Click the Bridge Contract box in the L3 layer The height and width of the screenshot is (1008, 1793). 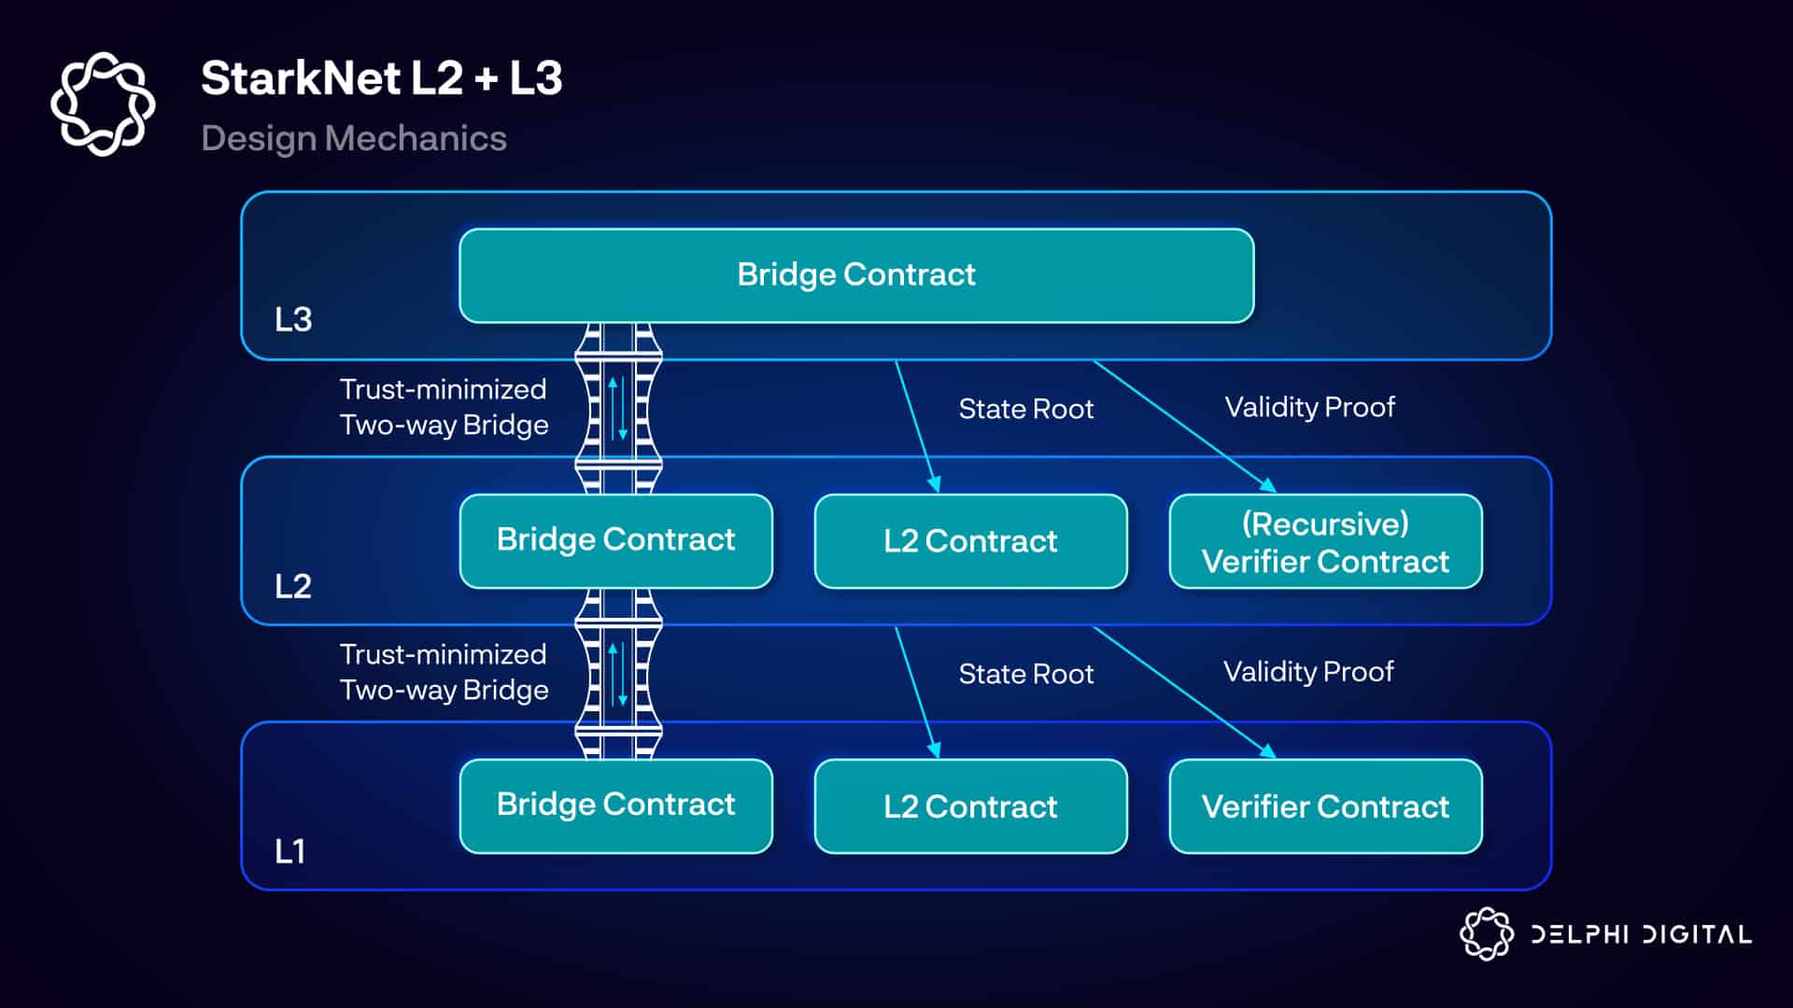[855, 275]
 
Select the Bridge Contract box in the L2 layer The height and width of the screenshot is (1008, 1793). [615, 540]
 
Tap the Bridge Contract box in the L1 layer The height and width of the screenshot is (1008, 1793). [615, 805]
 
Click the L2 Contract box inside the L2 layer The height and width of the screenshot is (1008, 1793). [970, 541]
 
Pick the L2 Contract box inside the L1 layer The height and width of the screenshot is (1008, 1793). [970, 806]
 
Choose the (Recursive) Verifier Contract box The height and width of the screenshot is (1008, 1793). [1325, 541]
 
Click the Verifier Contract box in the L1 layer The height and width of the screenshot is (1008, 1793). [1325, 806]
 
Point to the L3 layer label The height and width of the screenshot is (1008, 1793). [293, 320]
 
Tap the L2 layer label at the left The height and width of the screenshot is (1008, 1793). [293, 586]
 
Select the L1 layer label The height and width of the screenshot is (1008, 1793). [290, 851]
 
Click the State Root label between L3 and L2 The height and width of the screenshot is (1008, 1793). [1025, 409]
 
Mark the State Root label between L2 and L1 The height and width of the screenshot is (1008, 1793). [1025, 674]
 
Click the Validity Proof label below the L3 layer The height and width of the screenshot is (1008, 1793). [1309, 407]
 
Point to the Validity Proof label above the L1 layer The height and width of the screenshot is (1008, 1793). [1308, 672]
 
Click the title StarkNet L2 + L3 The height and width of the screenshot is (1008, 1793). [381, 78]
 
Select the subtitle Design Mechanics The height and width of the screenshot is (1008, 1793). [354, 138]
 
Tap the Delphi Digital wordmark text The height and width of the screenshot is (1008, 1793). [1641, 934]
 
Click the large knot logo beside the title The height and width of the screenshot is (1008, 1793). [103, 104]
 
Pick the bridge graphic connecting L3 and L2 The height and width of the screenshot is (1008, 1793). [618, 409]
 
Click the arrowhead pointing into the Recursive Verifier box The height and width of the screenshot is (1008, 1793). [1268, 485]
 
